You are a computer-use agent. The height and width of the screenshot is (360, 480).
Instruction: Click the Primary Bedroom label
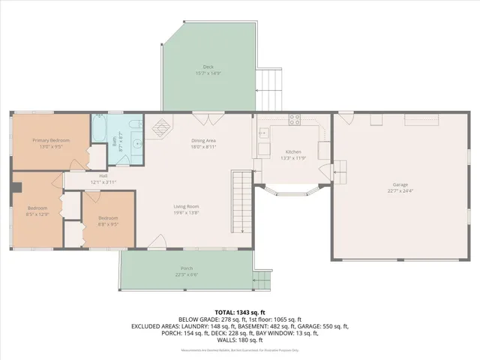[49, 139]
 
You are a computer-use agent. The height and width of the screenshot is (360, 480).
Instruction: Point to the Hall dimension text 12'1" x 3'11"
[104, 182]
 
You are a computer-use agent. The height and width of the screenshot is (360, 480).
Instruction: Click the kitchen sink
[263, 133]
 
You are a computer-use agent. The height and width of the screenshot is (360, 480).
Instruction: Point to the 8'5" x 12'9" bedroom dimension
[37, 214]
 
